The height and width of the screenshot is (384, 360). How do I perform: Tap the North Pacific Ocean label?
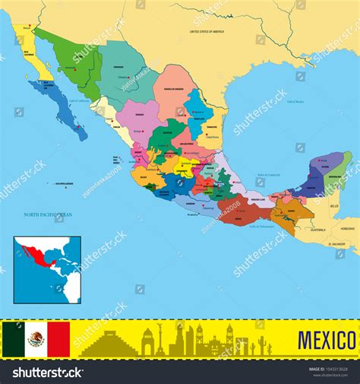[47, 214]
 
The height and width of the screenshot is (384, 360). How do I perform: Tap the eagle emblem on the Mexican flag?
[36, 339]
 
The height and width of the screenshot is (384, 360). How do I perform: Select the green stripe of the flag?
[13, 339]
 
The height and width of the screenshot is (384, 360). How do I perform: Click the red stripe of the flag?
[58, 339]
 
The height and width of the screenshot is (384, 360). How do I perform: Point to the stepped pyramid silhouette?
[108, 344]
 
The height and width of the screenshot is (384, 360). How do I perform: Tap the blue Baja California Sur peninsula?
[61, 110]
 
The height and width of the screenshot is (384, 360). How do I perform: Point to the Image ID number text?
[329, 369]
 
